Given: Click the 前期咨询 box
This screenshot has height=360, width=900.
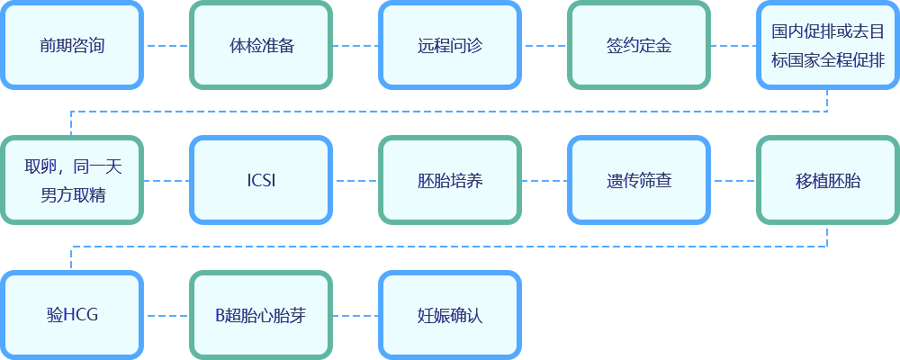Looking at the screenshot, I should click(72, 45).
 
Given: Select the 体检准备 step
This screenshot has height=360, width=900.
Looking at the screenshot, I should click(261, 45).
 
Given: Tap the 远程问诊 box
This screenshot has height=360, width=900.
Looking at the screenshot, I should click(450, 45).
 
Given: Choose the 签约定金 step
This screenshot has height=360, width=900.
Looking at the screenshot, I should click(639, 45).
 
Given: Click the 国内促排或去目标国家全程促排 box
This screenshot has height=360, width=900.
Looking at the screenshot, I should click(827, 45).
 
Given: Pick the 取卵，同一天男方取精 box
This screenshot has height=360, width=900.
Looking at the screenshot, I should click(72, 180).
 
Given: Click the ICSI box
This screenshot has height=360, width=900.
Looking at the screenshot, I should click(261, 180).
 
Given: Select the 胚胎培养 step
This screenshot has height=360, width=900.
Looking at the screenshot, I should click(450, 180).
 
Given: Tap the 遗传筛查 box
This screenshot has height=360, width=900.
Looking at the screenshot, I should click(639, 180).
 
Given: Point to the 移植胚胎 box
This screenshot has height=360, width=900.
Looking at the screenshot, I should click(827, 180).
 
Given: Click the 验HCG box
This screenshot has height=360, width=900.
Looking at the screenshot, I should click(72, 315).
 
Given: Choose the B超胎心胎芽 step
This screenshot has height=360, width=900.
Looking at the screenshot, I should click(261, 315).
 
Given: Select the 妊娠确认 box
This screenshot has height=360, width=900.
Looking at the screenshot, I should click(450, 315).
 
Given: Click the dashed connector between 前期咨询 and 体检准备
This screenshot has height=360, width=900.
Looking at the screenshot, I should click(166, 45).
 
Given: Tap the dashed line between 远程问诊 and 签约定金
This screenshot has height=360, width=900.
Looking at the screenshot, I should click(544, 45).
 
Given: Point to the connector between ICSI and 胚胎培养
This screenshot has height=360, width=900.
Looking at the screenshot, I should click(355, 180).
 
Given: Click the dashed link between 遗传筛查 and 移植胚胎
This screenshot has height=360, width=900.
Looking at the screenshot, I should click(733, 180).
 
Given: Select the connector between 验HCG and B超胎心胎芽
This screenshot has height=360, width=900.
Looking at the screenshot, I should click(166, 315).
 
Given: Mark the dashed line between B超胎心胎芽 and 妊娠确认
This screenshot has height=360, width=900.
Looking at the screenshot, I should click(355, 315).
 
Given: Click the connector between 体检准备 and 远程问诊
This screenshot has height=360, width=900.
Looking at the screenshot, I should click(355, 45).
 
